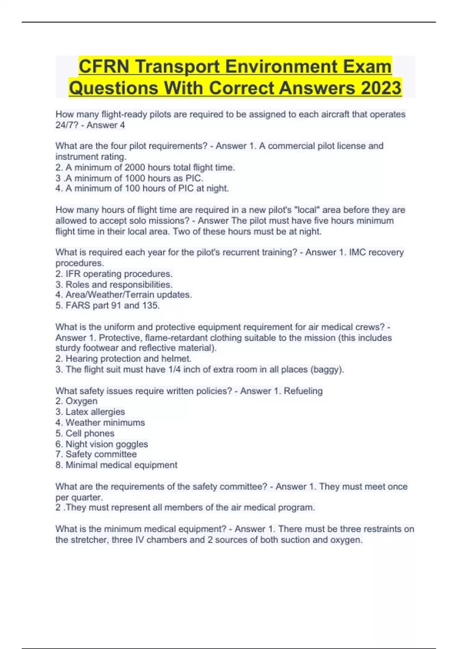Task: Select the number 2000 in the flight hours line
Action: point(135,168)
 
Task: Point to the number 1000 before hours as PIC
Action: point(135,178)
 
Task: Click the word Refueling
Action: point(303,391)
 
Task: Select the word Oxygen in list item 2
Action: point(81,401)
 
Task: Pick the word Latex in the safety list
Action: point(77,412)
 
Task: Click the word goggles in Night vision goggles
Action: point(132,444)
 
